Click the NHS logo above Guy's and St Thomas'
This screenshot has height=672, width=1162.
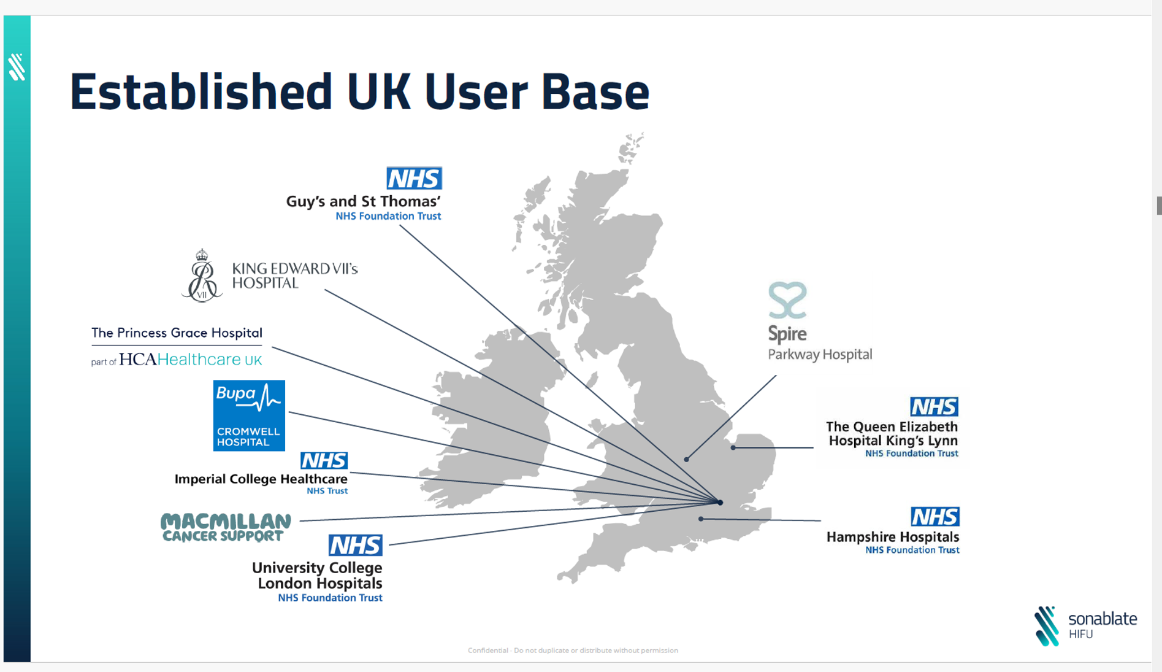pos(414,178)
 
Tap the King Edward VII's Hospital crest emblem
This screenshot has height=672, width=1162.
pos(202,276)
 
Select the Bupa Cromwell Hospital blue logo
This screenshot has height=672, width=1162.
pos(249,415)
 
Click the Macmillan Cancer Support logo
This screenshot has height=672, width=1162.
pos(226,527)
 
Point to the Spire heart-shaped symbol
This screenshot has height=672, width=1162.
pos(787,300)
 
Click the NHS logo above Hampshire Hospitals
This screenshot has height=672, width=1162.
pos(935,517)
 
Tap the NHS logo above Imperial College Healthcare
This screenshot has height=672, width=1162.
pos(324,460)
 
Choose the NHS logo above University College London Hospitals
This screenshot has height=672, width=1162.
pos(355,545)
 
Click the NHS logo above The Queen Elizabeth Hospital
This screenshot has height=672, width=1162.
pos(933,406)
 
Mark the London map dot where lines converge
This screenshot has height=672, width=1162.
pos(721,502)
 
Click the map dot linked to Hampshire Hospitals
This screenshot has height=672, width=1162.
pos(701,519)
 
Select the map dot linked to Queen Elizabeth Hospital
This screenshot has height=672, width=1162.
pos(733,447)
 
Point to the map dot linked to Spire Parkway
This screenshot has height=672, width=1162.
pos(686,459)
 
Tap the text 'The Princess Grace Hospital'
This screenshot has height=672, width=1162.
pos(177,333)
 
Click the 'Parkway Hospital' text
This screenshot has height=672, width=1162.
pos(820,355)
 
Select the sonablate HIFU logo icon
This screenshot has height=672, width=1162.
pos(1047,626)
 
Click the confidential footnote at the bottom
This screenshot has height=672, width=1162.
pos(573,651)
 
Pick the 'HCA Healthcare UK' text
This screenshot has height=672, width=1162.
pos(190,360)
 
